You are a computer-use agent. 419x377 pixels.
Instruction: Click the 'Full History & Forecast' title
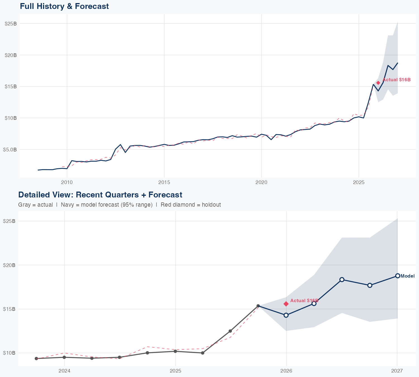64,6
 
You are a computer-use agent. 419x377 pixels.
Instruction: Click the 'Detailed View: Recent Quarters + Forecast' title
100,195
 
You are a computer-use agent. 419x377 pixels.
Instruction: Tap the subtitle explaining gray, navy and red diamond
119,205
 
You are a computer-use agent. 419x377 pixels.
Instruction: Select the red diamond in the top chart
378,83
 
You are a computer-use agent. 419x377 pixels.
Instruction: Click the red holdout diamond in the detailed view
286,304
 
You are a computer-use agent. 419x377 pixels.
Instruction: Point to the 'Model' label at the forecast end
408,276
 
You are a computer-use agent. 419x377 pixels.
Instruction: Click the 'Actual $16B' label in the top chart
396,80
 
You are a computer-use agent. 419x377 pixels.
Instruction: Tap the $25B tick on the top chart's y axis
11,24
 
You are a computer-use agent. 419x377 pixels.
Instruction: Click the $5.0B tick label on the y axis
10,149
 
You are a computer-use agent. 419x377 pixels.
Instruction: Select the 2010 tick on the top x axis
67,182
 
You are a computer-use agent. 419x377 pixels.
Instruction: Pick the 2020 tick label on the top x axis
261,182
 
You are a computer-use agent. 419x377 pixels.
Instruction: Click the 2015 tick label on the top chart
164,182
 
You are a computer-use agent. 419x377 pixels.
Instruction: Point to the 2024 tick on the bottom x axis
65,371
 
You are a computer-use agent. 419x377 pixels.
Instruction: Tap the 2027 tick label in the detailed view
397,371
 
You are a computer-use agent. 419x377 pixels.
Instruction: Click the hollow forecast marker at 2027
397,276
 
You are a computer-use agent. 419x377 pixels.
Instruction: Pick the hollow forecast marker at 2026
286,315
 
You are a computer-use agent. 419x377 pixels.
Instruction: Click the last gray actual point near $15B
258,306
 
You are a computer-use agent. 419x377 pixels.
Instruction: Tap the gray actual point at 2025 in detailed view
175,351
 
